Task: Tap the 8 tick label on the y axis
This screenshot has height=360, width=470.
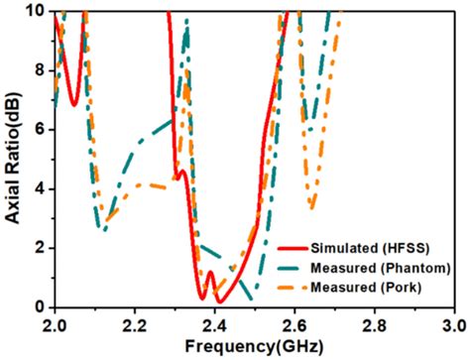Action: pos(42,69)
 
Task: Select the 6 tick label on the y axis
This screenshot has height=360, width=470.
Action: pos(42,129)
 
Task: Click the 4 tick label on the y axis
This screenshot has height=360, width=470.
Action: pos(42,188)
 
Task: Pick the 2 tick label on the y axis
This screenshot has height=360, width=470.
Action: pos(42,248)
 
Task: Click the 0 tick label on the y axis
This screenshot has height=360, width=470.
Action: pos(42,306)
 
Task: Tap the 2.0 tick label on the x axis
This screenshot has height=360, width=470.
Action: pos(55,324)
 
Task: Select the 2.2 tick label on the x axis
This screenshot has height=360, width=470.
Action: pos(135,324)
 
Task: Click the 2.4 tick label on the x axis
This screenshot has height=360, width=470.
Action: pos(214,324)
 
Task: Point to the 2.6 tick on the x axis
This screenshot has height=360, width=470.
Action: pos(294,324)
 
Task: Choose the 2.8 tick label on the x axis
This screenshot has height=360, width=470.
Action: pos(374,324)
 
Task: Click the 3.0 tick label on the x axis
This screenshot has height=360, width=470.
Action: pos(453,324)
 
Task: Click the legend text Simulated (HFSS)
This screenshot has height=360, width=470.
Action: pos(374,247)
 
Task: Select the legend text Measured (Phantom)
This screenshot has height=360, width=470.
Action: pos(384,268)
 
